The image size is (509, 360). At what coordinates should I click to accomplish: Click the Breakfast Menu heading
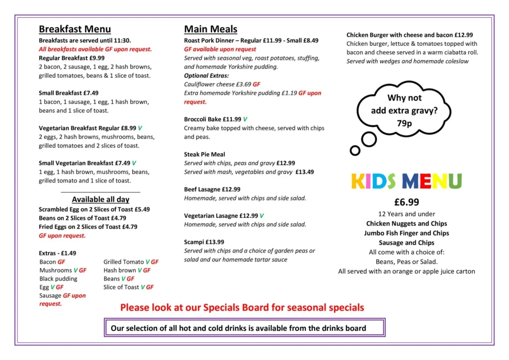[75, 29]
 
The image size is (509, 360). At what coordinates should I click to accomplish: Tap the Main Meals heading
[210, 29]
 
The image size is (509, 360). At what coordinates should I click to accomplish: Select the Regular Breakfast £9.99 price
[97, 58]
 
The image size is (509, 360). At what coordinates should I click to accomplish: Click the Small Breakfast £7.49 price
[91, 93]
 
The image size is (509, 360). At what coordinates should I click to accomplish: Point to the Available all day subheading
[100, 199]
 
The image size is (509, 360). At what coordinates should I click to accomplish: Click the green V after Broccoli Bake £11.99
[245, 119]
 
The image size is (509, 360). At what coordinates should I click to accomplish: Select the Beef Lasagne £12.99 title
[212, 189]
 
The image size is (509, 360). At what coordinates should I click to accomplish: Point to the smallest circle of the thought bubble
[355, 150]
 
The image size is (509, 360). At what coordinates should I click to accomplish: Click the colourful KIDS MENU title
[406, 181]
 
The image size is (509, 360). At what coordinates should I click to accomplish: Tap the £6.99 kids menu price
[406, 202]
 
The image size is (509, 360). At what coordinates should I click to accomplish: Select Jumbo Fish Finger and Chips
[406, 233]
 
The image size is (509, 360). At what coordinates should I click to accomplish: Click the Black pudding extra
[58, 279]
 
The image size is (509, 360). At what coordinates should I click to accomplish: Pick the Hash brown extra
[119, 270]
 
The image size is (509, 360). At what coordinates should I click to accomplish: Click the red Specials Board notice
[242, 308]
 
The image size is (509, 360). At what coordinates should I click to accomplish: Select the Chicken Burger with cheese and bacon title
[410, 35]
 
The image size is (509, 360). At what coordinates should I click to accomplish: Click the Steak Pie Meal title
[204, 154]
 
